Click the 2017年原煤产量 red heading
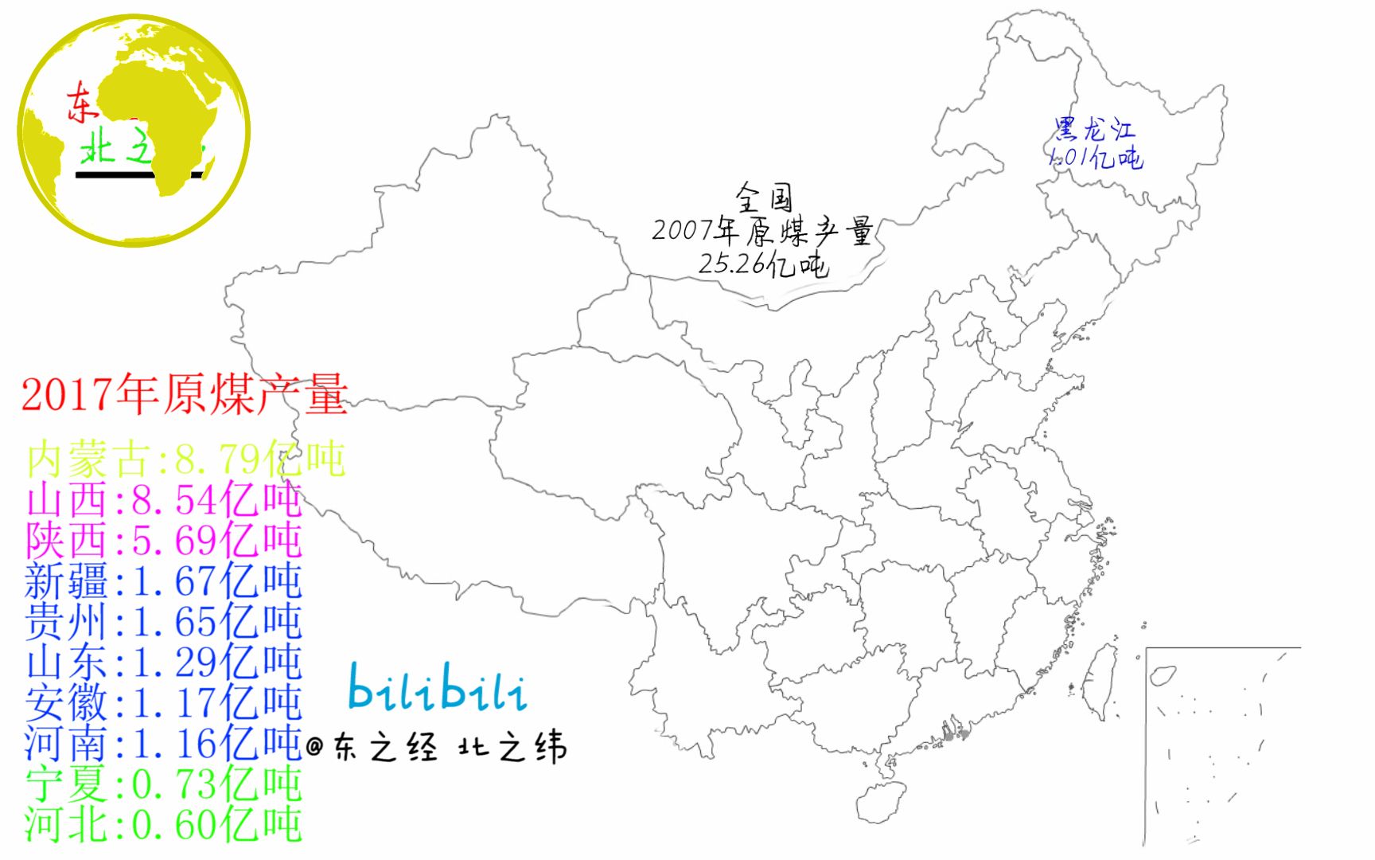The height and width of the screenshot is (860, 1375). click(x=185, y=395)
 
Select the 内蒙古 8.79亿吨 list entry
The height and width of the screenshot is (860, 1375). click(x=185, y=459)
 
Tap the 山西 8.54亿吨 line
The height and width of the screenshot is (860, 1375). click(x=164, y=500)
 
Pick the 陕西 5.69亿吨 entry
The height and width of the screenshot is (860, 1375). click(x=164, y=541)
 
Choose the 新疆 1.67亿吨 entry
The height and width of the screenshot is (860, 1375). click(x=164, y=581)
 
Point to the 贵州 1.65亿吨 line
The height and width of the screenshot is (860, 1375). click(x=164, y=622)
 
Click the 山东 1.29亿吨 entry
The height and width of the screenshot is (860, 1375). click(x=164, y=663)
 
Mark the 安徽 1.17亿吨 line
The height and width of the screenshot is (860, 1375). click(x=164, y=703)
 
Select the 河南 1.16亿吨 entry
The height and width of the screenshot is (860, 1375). click(x=164, y=744)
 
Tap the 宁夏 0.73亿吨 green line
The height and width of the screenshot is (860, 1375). click(x=164, y=784)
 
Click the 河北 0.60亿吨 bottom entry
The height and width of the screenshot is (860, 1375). click(x=164, y=825)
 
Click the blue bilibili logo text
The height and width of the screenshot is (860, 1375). click(x=438, y=689)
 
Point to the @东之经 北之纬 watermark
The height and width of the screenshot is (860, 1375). click(x=437, y=749)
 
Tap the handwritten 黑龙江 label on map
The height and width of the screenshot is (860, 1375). click(x=1095, y=130)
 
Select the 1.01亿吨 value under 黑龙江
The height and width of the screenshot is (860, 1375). click(x=1095, y=157)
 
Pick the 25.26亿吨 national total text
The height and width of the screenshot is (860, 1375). click(x=763, y=263)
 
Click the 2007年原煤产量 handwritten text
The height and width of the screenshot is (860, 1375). click(x=763, y=231)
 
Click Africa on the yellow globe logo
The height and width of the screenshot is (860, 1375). click(x=171, y=127)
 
